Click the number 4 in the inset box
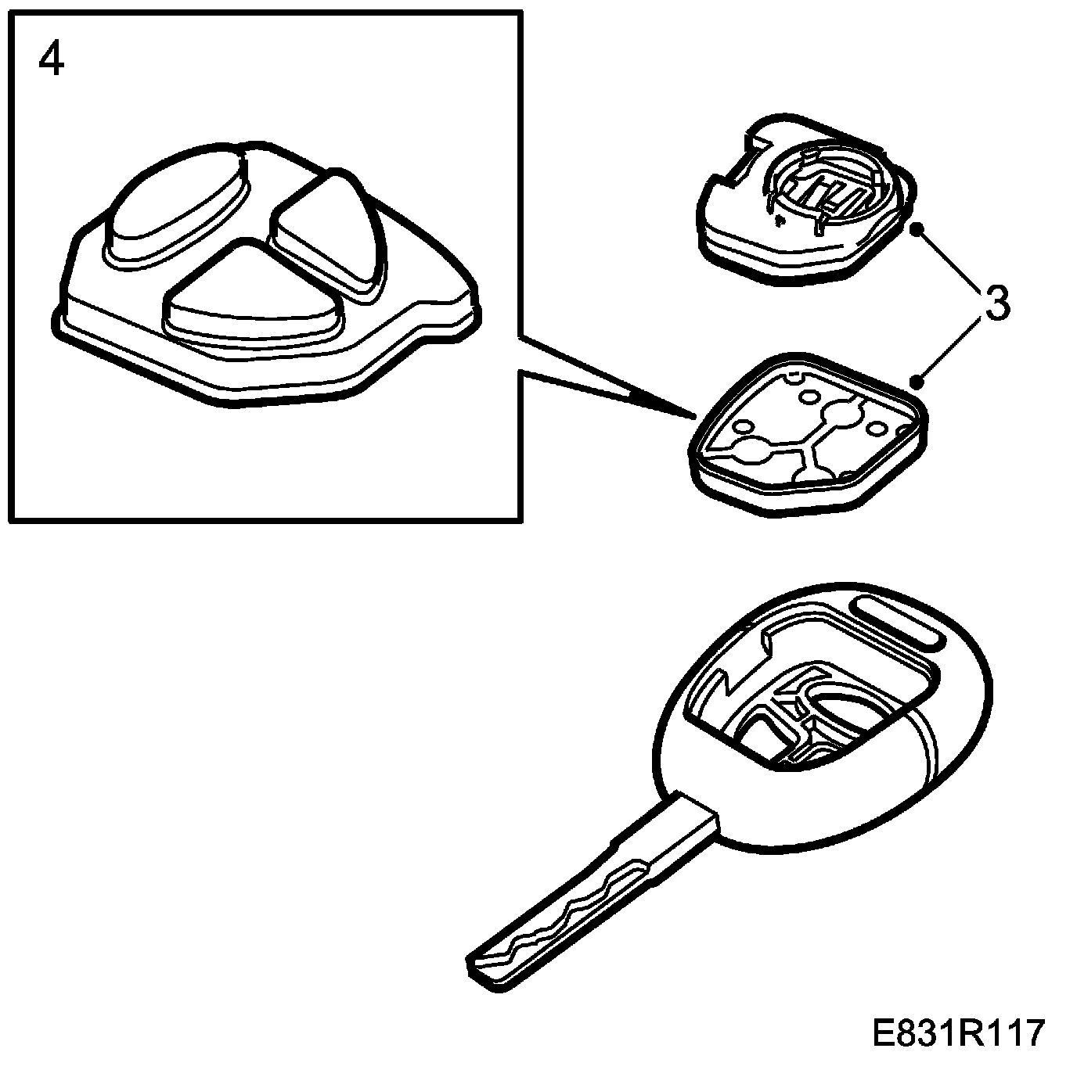[x=52, y=59]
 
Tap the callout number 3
[x=996, y=303]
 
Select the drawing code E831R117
[x=959, y=1032]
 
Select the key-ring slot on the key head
[x=895, y=623]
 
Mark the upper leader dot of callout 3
[x=919, y=228]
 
